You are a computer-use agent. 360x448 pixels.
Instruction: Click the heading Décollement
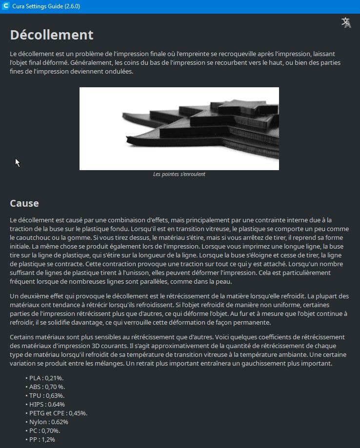[52, 35]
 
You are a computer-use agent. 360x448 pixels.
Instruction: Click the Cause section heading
[24, 203]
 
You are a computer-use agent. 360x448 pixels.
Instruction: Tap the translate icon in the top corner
[346, 22]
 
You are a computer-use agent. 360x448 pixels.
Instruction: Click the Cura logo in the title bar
[5, 6]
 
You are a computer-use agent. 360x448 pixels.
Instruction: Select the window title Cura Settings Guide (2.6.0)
[46, 6]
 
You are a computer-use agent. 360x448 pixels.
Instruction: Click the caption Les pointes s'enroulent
[179, 174]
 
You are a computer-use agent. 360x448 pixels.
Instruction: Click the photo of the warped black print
[179, 129]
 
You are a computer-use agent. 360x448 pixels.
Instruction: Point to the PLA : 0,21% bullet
[46, 378]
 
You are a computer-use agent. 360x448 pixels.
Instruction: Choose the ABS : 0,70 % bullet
[47, 387]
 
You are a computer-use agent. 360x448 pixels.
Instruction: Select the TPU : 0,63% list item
[47, 395]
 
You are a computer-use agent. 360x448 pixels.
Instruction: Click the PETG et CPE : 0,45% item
[58, 413]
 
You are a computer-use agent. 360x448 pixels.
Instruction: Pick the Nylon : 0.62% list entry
[48, 422]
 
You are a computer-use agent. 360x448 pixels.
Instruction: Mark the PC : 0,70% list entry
[45, 430]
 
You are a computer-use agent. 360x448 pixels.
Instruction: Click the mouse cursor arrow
[17, 162]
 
